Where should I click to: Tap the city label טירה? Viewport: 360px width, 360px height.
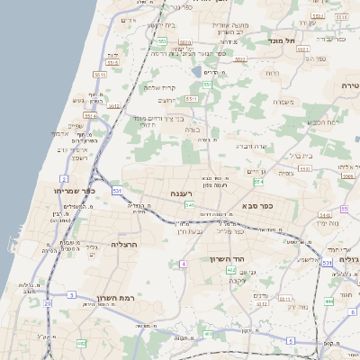350,85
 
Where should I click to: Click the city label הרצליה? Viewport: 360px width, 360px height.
122,244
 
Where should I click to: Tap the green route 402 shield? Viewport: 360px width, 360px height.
231,270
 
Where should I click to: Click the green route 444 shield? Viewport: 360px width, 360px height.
329,300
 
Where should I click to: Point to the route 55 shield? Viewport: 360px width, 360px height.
344,209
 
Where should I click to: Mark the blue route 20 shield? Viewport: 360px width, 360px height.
48,303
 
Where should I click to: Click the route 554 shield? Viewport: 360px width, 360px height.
259,182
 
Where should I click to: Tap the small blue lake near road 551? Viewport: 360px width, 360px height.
197,70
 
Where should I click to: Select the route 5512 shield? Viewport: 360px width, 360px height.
113,106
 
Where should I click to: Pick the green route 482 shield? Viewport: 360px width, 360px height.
81,343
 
